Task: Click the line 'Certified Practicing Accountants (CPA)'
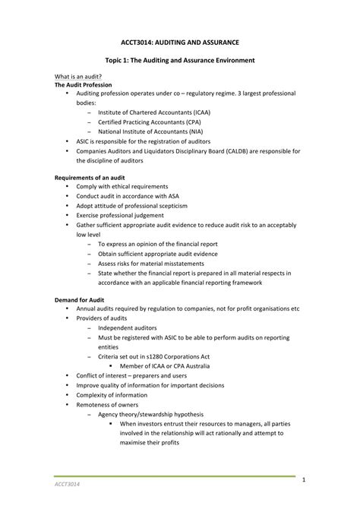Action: (x=150, y=121)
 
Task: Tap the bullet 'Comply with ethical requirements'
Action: (x=122, y=186)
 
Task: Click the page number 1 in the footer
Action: (x=302, y=480)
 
